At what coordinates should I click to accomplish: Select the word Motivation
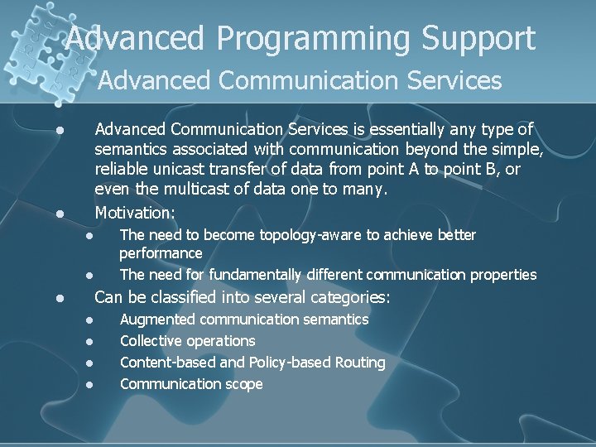point(135,213)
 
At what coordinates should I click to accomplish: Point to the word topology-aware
point(310,235)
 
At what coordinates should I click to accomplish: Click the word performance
point(161,253)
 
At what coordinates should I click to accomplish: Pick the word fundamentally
point(257,275)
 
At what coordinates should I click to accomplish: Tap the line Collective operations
point(187,341)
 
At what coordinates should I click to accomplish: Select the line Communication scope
point(191,384)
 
